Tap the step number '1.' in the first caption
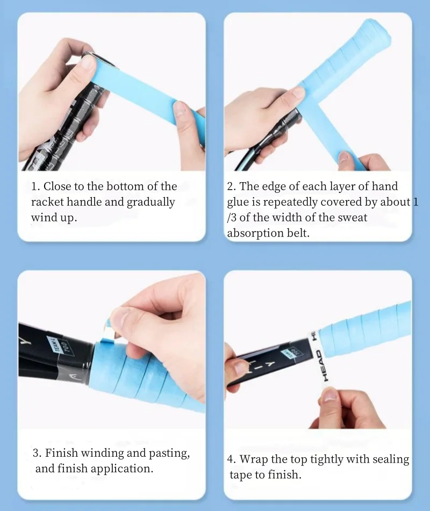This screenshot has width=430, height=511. pyautogui.click(x=35, y=186)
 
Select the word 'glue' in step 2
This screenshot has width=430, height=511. pyautogui.click(x=238, y=202)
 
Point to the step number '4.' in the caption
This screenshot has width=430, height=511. pyautogui.click(x=232, y=459)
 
